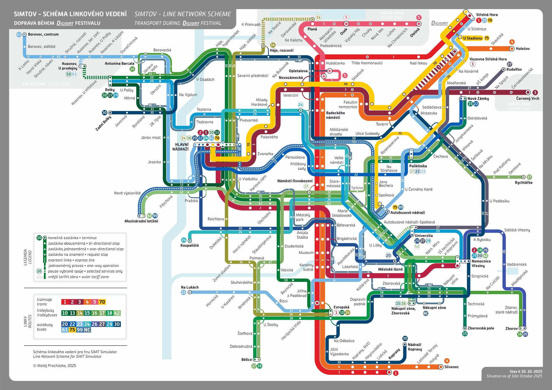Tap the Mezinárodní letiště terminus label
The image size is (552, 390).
click(x=141, y=221)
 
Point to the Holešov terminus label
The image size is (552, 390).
click(x=523, y=49)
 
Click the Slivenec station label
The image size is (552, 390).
click(x=451, y=367)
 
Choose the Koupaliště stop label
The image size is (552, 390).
click(x=189, y=246)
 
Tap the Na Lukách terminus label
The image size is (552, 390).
click(x=190, y=287)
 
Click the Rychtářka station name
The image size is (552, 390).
click(x=523, y=183)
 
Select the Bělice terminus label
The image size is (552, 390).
click(x=247, y=360)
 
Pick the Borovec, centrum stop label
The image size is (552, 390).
click(x=43, y=34)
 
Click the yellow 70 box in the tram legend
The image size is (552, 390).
click(x=102, y=302)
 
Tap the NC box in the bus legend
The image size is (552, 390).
click(x=87, y=330)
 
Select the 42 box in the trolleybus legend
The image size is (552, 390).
click(x=117, y=313)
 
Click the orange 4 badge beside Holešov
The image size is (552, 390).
click(x=512, y=42)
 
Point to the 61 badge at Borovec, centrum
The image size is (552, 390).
click(x=19, y=34)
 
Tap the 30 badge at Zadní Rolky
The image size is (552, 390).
click(x=105, y=113)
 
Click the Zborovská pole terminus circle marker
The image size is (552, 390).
click(x=465, y=328)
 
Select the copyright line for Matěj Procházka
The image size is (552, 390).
click(x=54, y=365)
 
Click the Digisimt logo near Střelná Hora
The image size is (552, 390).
click(x=440, y=23)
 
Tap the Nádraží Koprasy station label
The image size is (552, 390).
click(x=415, y=347)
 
